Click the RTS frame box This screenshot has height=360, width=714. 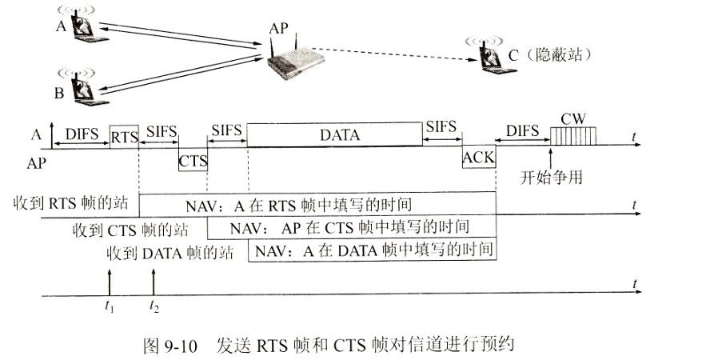pyautogui.click(x=124, y=136)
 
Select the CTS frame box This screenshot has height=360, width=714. pyautogui.click(x=193, y=159)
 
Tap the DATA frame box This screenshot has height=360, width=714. pyautogui.click(x=335, y=135)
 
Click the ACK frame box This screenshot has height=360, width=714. pyautogui.click(x=479, y=157)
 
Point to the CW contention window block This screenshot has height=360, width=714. pyautogui.click(x=573, y=136)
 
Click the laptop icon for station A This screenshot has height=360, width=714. pyautogui.click(x=82, y=26)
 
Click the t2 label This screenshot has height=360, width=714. pyautogui.click(x=154, y=305)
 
